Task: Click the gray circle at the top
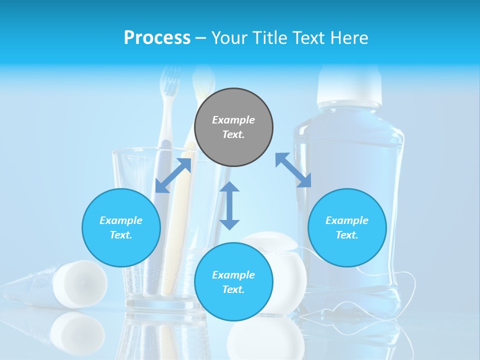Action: click(x=233, y=127)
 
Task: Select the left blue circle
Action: click(x=121, y=227)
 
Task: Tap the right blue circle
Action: click(x=347, y=227)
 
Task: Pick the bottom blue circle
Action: click(x=233, y=282)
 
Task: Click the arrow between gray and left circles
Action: click(x=173, y=175)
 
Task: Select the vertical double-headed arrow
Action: click(x=229, y=205)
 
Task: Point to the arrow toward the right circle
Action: click(x=293, y=170)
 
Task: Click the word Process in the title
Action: click(x=157, y=37)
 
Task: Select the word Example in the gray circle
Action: click(x=233, y=120)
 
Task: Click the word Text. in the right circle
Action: click(x=347, y=235)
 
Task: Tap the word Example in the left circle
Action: click(x=121, y=220)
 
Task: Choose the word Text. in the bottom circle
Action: click(x=233, y=289)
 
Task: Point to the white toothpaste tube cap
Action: click(x=80, y=283)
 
